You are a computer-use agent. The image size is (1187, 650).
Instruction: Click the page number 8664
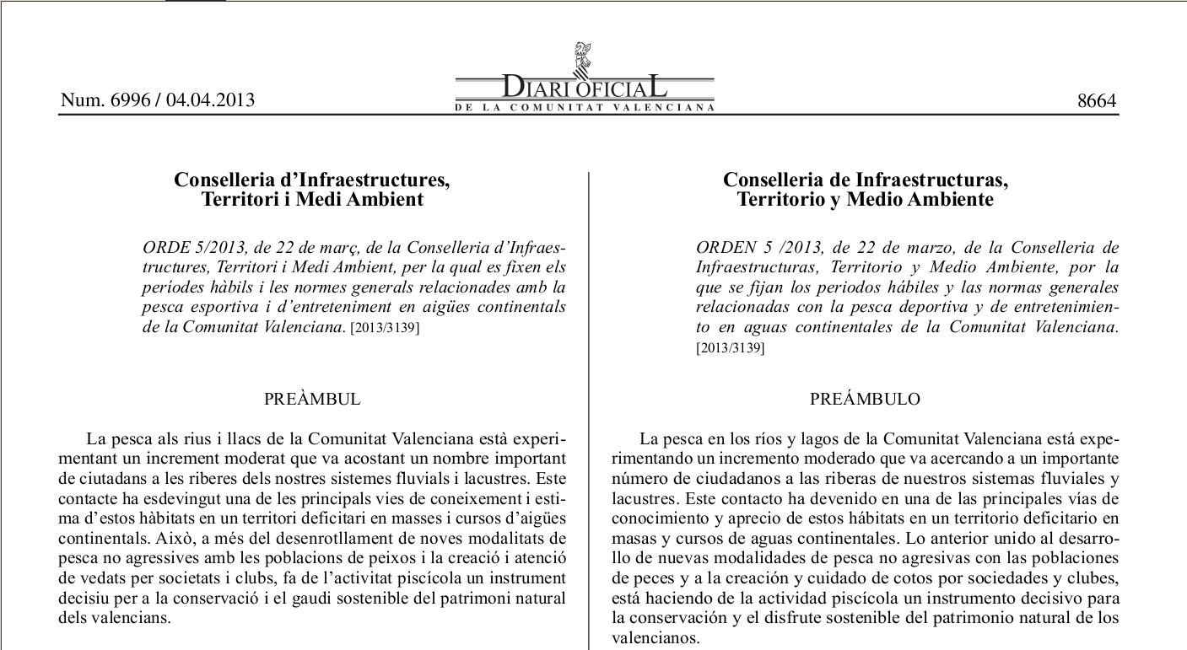point(1097,101)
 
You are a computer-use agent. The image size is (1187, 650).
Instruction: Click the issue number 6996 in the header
point(130,100)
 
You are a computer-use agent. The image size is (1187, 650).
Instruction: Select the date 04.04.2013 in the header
point(210,100)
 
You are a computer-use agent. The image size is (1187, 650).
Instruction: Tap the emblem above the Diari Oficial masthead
point(582,56)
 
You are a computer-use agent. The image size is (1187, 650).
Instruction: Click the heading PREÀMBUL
point(312,400)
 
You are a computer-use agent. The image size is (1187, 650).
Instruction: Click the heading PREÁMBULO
point(865,400)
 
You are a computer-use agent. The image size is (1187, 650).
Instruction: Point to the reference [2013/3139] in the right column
point(730,347)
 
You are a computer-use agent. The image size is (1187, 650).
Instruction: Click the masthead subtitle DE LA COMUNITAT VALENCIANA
point(585,108)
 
